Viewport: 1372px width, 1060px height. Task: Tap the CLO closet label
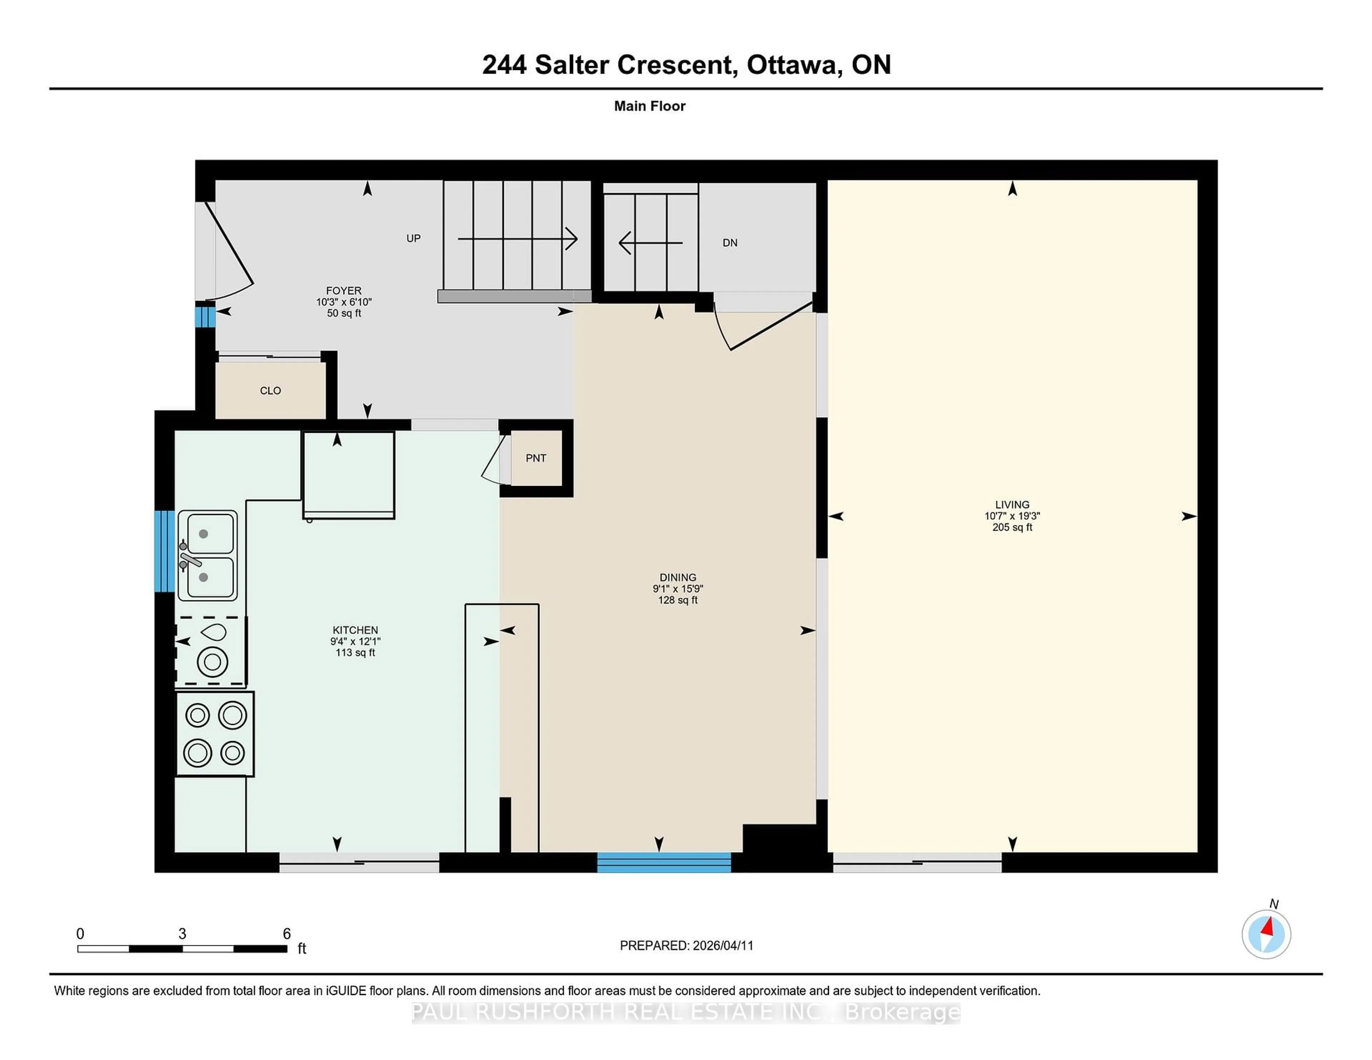[270, 391]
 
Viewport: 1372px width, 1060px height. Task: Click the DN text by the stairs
[729, 243]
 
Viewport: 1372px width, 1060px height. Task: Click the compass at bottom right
[1266, 934]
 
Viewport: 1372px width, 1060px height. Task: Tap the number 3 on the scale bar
[182, 934]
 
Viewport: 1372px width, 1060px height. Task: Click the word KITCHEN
[355, 630]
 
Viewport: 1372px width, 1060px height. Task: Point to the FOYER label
[344, 291]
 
